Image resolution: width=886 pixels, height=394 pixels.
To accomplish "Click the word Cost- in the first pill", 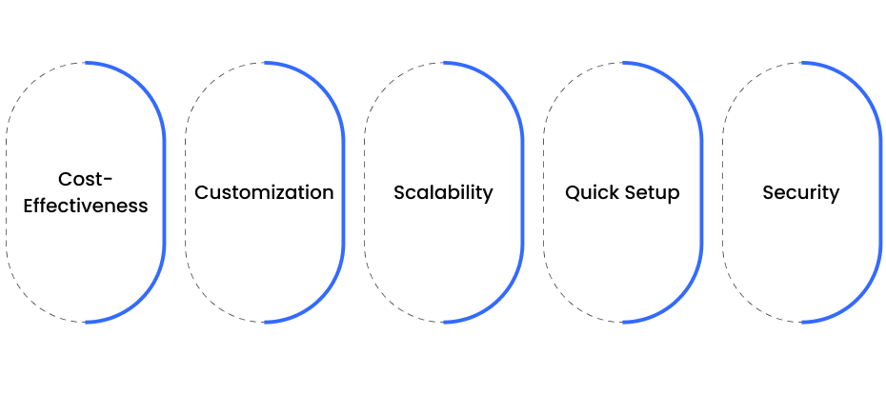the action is pyautogui.click(x=86, y=180).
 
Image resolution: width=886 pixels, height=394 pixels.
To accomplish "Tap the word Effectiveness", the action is pyautogui.click(x=86, y=206).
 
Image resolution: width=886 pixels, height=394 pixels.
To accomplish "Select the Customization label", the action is pyautogui.click(x=264, y=192).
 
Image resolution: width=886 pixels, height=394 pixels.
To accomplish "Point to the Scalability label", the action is pyautogui.click(x=443, y=193).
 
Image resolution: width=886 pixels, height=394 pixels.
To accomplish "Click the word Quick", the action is pyautogui.click(x=591, y=193).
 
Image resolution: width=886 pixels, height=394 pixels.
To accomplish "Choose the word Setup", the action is pyautogui.click(x=652, y=193).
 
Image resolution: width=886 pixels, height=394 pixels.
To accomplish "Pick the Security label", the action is pyautogui.click(x=800, y=193).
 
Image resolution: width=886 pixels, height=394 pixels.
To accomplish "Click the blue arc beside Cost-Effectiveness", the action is pyautogui.click(x=165, y=192).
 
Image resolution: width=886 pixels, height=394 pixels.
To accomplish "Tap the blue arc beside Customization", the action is pyautogui.click(x=344, y=192).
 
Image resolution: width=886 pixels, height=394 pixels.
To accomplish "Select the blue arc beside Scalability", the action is pyautogui.click(x=523, y=192).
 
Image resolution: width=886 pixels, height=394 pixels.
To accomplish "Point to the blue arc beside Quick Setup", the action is pyautogui.click(x=702, y=192).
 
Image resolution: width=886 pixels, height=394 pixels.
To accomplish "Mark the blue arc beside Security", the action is pyautogui.click(x=880, y=192).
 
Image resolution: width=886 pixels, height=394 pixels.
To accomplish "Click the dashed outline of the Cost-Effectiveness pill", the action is pyautogui.click(x=7, y=192).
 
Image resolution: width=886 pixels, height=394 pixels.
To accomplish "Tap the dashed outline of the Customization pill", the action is pyautogui.click(x=186, y=192).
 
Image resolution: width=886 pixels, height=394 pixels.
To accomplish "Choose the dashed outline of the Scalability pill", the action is pyautogui.click(x=365, y=192).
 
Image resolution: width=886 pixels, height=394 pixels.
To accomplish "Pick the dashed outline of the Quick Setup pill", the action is pyautogui.click(x=544, y=192).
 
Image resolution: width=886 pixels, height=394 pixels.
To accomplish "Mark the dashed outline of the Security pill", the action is pyautogui.click(x=723, y=192).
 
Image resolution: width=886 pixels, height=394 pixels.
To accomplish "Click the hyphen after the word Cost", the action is pyautogui.click(x=109, y=181).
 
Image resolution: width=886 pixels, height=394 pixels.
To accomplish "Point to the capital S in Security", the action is pyautogui.click(x=768, y=193).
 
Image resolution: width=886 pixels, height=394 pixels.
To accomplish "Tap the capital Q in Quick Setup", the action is pyautogui.click(x=573, y=193).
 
